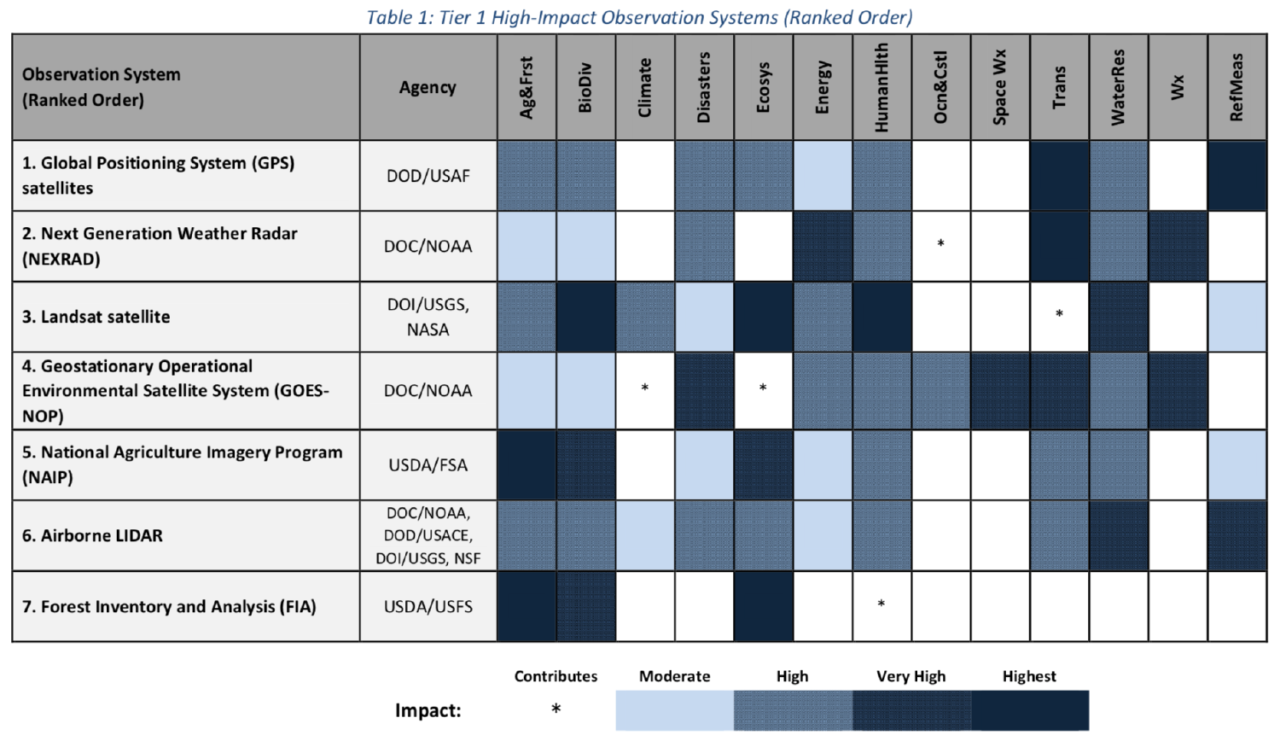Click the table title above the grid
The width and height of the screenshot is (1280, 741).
[639, 17]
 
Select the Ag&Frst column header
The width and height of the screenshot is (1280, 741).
[527, 87]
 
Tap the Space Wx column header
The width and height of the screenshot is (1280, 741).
[1000, 87]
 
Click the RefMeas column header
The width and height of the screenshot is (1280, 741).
[1236, 87]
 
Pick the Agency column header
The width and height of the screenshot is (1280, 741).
[428, 87]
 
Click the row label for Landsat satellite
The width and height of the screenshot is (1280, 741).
[96, 317]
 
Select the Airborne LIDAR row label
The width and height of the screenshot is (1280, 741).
[92, 536]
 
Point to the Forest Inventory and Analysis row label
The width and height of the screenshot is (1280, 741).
[169, 607]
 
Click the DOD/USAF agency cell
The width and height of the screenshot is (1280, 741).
[428, 176]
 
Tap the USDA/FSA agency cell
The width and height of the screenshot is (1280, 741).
[428, 465]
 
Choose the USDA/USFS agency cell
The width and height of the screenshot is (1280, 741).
[428, 607]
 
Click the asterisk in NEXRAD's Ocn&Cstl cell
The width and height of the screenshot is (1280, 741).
[940, 244]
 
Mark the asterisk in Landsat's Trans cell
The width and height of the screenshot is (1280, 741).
[1059, 314]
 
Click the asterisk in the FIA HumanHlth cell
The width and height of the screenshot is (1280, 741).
[881, 604]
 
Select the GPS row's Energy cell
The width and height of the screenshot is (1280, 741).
[823, 176]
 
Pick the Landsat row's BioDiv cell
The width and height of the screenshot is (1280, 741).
[585, 317]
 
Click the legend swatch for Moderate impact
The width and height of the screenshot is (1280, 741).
[674, 710]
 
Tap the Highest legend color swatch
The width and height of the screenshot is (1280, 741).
[1030, 710]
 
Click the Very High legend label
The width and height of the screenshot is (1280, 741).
[911, 676]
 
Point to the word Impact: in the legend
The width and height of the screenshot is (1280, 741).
[428, 710]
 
